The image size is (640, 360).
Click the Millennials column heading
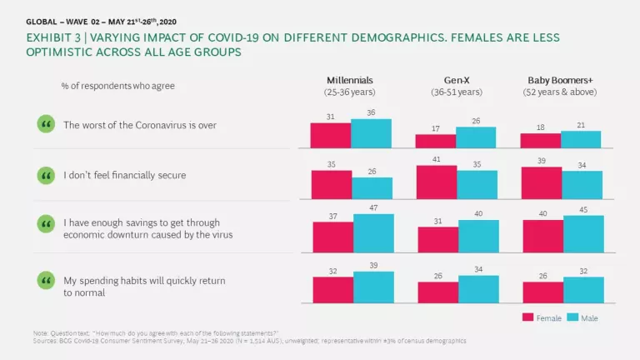click(351, 80)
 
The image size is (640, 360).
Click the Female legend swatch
click(527, 317)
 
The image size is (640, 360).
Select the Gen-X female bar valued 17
click(436, 141)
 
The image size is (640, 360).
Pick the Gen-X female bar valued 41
click(436, 182)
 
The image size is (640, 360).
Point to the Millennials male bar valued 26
click(371, 188)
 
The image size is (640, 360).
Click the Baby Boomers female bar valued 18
click(541, 140)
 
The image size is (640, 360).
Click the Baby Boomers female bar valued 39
click(541, 183)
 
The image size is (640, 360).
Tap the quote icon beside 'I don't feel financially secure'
click(45, 176)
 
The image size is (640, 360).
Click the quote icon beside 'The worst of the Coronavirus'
click(45, 125)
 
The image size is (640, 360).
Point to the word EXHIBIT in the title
click(48, 38)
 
